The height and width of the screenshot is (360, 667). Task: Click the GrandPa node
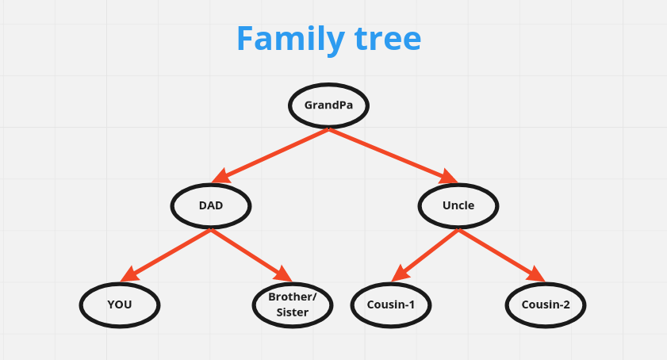[328, 105]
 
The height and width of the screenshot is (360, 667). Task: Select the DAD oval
[211, 205]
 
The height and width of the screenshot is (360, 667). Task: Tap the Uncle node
[458, 205]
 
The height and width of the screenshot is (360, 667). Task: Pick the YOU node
[120, 304]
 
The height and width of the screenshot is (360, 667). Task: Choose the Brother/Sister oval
[292, 304]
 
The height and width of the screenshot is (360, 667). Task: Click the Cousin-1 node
[391, 304]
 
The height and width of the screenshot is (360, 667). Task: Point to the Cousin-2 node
[546, 304]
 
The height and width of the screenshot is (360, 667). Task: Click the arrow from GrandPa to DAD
[274, 155]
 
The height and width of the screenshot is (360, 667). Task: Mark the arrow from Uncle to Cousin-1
[427, 254]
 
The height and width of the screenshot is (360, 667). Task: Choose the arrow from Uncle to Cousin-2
[500, 254]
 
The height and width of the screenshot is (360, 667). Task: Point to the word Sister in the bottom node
[292, 312]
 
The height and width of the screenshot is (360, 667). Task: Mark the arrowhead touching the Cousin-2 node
[536, 275]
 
